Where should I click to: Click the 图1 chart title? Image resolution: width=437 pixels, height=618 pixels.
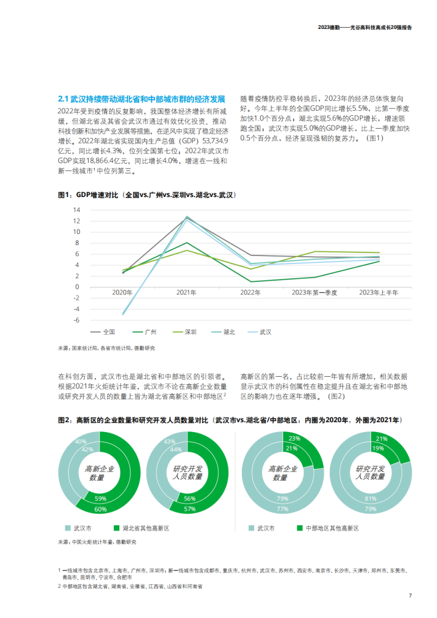tap(146, 195)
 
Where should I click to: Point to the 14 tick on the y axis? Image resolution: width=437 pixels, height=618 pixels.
tap(76, 209)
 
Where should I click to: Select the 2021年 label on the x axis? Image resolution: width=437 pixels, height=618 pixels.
tap(186, 292)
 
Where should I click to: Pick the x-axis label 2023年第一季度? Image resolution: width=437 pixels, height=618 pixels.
tap(315, 292)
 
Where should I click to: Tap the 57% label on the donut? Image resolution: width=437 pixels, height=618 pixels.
tap(190, 509)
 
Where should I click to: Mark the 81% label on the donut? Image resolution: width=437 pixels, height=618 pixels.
tap(369, 499)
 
